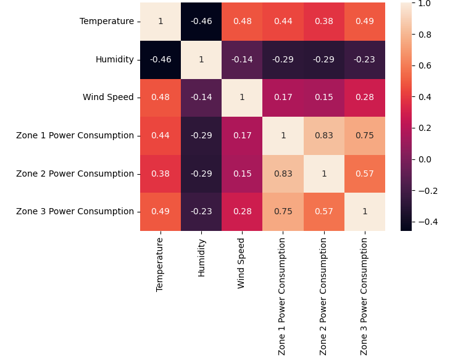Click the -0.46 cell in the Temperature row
click(x=201, y=22)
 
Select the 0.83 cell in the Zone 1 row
click(x=323, y=136)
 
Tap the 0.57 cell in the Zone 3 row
click(x=323, y=212)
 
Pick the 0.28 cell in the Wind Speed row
click(x=364, y=98)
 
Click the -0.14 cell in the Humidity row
click(x=242, y=60)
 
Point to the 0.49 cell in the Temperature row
click(x=364, y=22)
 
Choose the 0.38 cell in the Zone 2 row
click(x=160, y=174)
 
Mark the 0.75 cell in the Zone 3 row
click(x=283, y=212)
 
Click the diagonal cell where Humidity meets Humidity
click(x=201, y=60)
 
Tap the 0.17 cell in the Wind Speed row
click(x=283, y=98)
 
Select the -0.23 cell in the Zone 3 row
click(x=201, y=212)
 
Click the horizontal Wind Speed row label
click(x=108, y=98)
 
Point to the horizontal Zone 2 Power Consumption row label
click(x=75, y=174)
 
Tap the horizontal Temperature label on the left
click(x=106, y=22)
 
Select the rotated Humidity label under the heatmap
click(x=201, y=257)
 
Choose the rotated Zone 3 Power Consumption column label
click(x=364, y=296)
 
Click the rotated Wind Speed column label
click(x=242, y=262)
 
